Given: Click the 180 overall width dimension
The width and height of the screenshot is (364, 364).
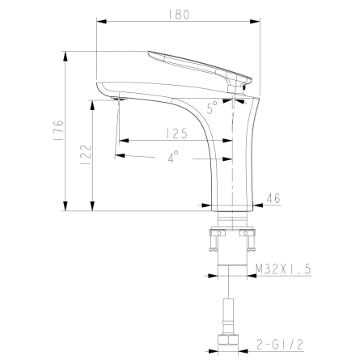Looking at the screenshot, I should [180, 14].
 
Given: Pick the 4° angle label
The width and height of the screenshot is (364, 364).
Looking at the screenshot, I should [175, 159].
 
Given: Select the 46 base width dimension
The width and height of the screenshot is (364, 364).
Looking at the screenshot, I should [273, 197].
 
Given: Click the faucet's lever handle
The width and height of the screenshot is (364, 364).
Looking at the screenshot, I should [198, 65].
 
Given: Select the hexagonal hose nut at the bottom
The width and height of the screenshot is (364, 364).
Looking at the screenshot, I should [232, 336].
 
